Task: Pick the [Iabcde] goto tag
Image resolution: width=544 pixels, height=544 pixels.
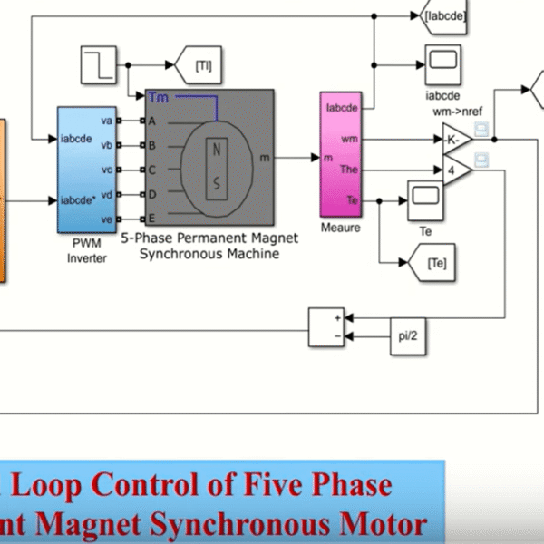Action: pyautogui.click(x=445, y=15)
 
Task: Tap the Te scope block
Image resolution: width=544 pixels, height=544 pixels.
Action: pyautogui.click(x=423, y=195)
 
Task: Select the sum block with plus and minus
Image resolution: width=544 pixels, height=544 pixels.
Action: pyautogui.click(x=325, y=327)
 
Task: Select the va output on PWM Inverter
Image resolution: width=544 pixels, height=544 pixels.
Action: pyautogui.click(x=106, y=121)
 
